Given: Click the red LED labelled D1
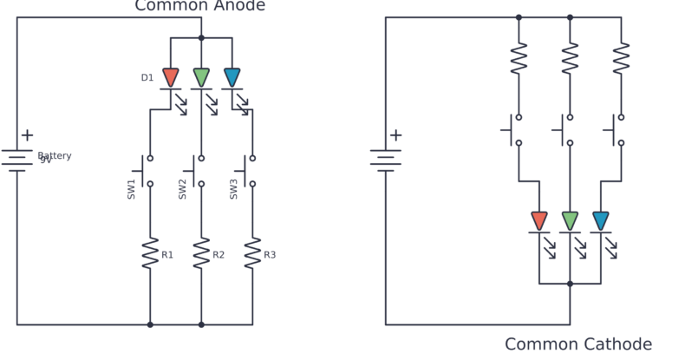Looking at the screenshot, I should [x=171, y=78].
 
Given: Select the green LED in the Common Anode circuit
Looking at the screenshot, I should [x=201, y=78].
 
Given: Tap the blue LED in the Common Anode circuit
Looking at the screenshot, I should [x=232, y=78].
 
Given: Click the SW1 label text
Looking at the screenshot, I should [x=132, y=190].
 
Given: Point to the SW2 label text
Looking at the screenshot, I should [x=183, y=190].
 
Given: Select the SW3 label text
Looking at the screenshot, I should [x=234, y=190].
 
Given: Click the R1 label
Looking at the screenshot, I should [x=167, y=255].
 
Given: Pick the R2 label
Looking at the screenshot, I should [x=219, y=255].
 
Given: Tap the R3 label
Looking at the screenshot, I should [x=270, y=255].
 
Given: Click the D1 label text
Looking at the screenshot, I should [x=147, y=78].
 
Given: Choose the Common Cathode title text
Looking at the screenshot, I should [x=578, y=344].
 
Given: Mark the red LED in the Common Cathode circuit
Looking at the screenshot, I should [x=539, y=221].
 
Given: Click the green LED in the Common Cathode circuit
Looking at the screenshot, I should [x=570, y=221].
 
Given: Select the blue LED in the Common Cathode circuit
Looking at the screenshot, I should [x=600, y=221].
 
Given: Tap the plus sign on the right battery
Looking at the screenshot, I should [x=395, y=135].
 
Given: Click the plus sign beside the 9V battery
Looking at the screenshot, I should [x=27, y=135].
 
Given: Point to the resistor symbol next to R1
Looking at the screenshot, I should [x=150, y=253].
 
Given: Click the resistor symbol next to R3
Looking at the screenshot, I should [x=252, y=253].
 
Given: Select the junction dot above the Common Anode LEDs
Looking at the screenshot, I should [x=201, y=37].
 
